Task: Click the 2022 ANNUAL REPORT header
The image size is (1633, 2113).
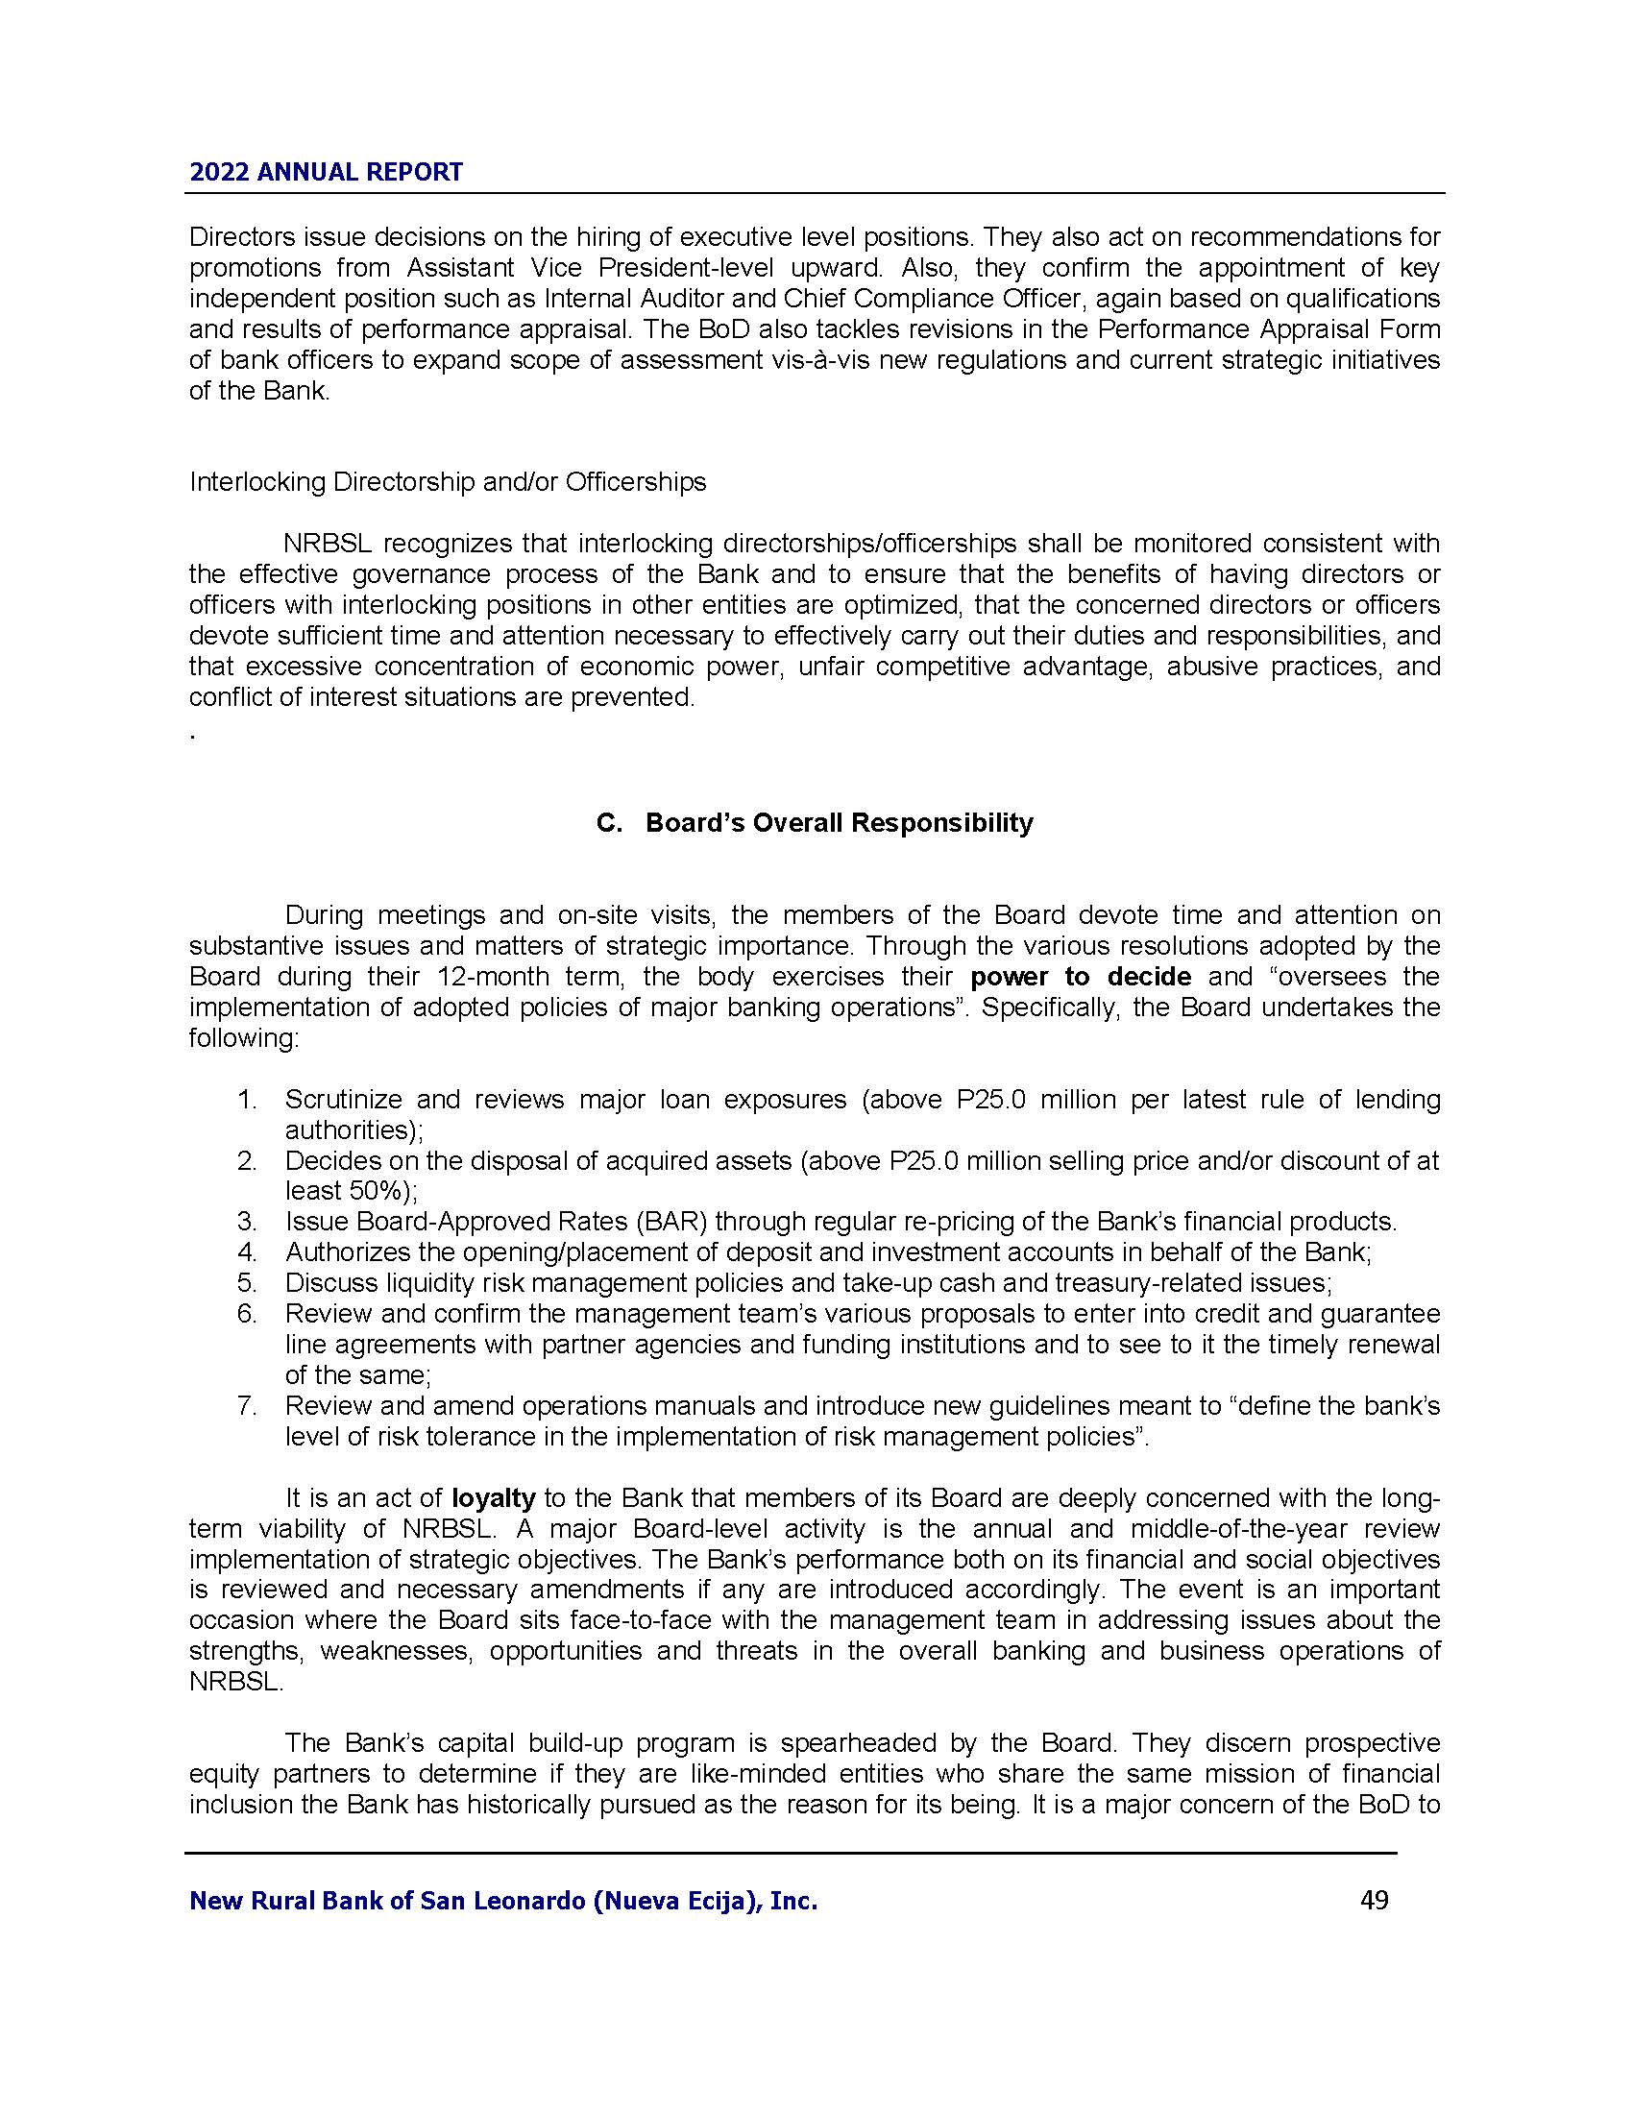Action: tap(326, 172)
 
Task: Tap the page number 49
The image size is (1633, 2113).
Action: tap(1374, 1900)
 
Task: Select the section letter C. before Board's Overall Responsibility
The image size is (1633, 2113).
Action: tap(608, 823)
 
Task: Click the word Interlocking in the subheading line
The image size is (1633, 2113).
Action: tap(257, 482)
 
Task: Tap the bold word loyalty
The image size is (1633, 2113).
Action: tap(494, 1498)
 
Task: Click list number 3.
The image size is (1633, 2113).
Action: tap(247, 1221)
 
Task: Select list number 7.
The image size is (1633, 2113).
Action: tap(247, 1406)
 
